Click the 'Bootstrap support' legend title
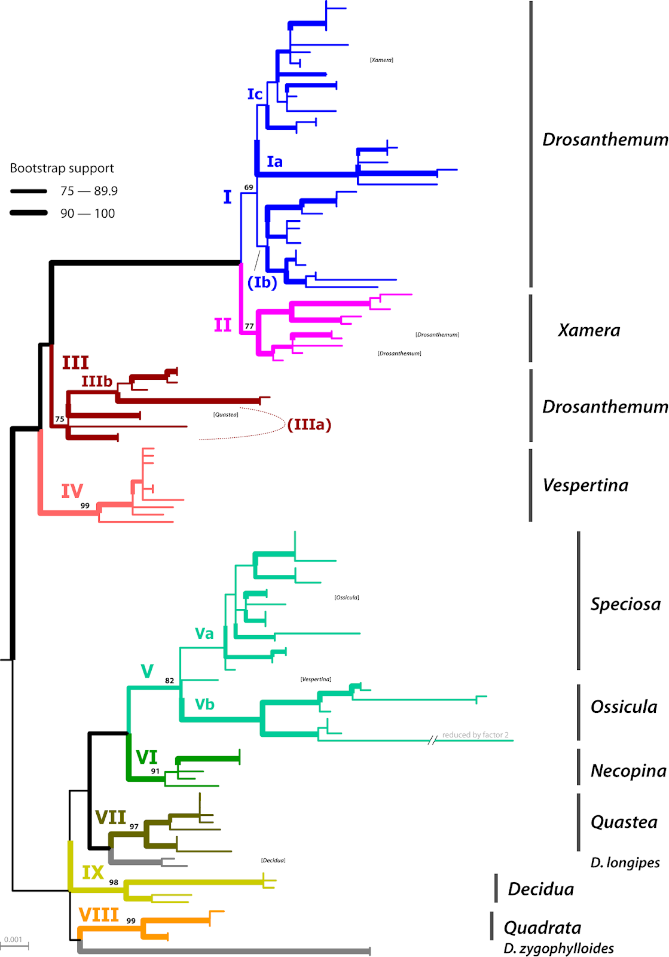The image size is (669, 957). (62, 168)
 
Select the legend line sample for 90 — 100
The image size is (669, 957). (29, 213)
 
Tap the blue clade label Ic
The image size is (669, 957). (255, 94)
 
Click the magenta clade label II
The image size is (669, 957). (222, 325)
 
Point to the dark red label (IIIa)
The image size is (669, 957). (309, 424)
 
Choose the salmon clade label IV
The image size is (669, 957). (72, 490)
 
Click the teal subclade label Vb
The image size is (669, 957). (204, 704)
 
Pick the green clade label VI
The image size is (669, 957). (146, 757)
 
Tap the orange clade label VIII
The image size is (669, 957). (99, 915)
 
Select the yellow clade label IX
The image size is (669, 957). (93, 872)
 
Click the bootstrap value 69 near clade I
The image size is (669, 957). (249, 187)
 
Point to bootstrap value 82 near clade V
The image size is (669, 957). (169, 681)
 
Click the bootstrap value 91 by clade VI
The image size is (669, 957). (155, 771)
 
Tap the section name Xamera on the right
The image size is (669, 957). (589, 330)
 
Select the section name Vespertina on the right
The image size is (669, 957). (585, 485)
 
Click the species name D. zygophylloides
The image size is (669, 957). (558, 948)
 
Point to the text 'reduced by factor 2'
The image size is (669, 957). (475, 734)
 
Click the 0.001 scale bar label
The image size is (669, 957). (13, 939)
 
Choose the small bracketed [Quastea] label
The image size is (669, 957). (226, 415)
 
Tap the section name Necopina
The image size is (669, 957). (628, 770)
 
